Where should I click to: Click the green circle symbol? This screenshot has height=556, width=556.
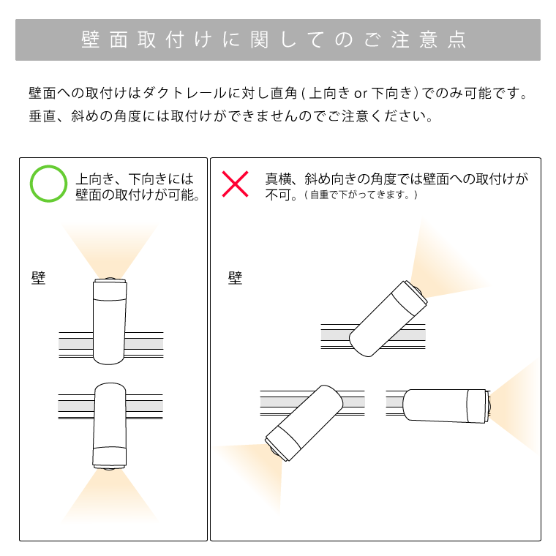click(48, 184)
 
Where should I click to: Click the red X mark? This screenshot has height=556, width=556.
click(235, 184)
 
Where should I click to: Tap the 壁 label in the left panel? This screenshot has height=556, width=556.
click(38, 278)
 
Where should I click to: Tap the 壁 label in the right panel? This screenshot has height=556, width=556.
click(235, 278)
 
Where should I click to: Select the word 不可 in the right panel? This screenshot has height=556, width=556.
click(278, 195)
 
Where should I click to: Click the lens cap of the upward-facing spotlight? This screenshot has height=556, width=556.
click(110, 280)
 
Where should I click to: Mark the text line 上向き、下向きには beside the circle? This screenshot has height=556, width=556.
click(135, 179)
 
